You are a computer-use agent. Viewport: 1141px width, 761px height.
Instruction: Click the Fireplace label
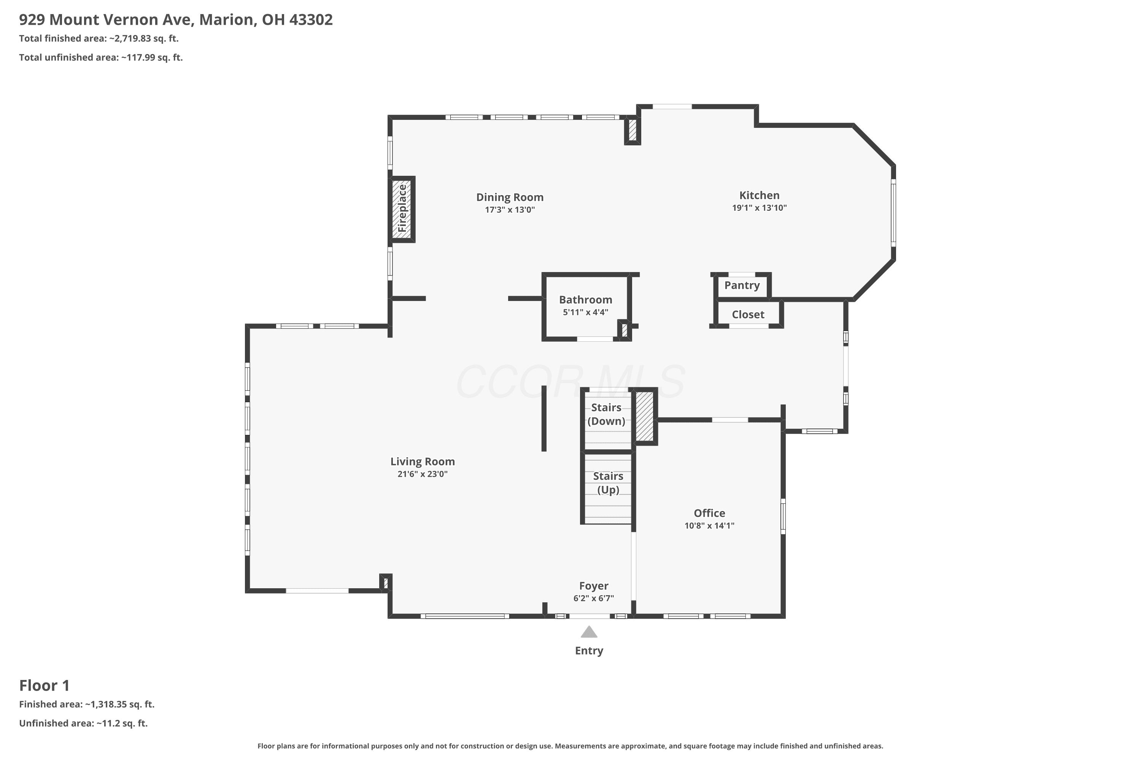click(402, 208)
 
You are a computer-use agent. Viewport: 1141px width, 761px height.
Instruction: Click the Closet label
click(748, 315)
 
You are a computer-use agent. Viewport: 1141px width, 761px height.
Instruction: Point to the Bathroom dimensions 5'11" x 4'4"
click(586, 312)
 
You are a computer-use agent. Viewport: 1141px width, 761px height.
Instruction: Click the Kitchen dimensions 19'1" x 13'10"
click(759, 208)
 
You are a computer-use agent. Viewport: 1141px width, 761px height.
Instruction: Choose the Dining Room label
click(510, 197)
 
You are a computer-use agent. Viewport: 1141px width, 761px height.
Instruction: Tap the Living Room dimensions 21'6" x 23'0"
click(423, 474)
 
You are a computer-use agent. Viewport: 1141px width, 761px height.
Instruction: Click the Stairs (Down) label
click(606, 414)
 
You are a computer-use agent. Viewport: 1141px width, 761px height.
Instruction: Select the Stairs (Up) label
click(608, 483)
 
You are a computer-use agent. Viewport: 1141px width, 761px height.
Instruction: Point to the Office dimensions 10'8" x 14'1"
click(709, 525)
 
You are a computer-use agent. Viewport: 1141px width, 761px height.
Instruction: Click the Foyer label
click(594, 586)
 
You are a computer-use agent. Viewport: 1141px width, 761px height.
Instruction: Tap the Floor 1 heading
click(44, 685)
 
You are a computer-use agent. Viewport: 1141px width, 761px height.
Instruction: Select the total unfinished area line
click(101, 57)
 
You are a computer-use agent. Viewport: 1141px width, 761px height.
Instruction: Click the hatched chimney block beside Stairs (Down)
click(644, 416)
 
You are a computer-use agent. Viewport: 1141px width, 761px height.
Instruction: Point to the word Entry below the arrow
click(589, 651)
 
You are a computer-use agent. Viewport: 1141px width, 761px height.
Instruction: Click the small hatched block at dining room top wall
click(632, 130)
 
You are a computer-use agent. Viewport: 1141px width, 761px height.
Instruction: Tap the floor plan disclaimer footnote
click(570, 746)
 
